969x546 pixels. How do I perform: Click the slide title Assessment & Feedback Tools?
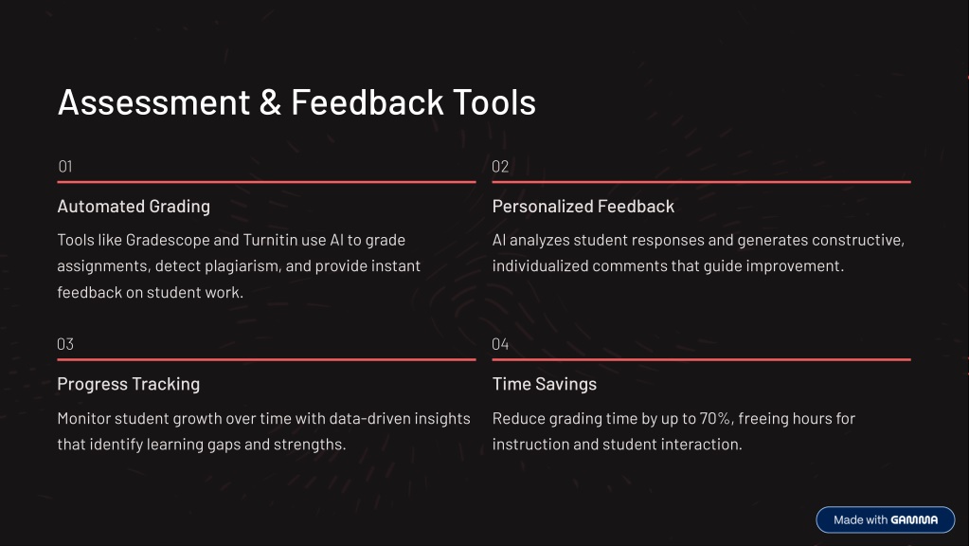point(296,102)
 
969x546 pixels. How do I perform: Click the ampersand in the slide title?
point(270,102)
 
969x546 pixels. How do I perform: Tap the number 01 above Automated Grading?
point(65,166)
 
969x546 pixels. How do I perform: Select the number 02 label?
point(500,166)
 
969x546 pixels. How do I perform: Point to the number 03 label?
point(65,344)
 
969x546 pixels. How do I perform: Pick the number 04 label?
point(500,344)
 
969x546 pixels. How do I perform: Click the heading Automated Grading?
point(134,207)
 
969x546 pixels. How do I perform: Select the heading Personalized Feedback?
point(583,207)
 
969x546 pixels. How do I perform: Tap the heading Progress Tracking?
point(129,384)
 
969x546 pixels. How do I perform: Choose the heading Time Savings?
point(545,384)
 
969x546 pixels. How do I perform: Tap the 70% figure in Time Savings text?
point(716,419)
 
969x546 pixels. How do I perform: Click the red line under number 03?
point(266,359)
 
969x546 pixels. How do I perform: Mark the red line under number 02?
point(702,182)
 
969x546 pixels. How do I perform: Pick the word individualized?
point(540,265)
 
